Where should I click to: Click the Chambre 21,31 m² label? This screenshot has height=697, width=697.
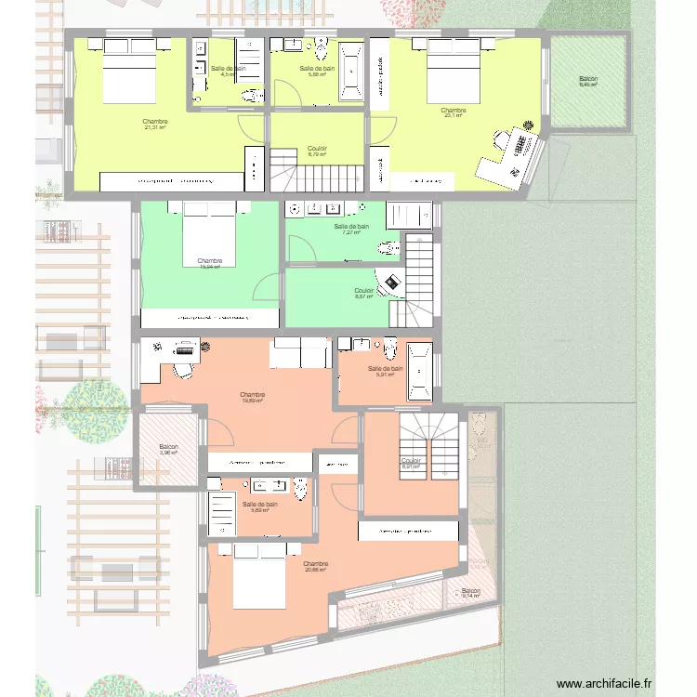[155, 125]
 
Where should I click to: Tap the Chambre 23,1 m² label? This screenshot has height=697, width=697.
[454, 112]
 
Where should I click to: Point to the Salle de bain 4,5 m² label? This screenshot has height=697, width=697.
[228, 71]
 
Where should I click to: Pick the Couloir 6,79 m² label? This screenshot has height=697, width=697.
[317, 151]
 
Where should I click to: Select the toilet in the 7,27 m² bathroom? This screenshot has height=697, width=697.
[390, 247]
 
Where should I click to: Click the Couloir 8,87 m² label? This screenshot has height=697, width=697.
[363, 294]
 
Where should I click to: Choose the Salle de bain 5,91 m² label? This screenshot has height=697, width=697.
[385, 372]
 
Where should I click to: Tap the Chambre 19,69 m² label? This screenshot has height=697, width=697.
[253, 398]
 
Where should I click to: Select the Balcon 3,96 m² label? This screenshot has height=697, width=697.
[167, 450]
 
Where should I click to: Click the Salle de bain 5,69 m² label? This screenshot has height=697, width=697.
[259, 506]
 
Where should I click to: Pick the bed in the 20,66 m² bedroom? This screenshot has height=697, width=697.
[259, 576]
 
